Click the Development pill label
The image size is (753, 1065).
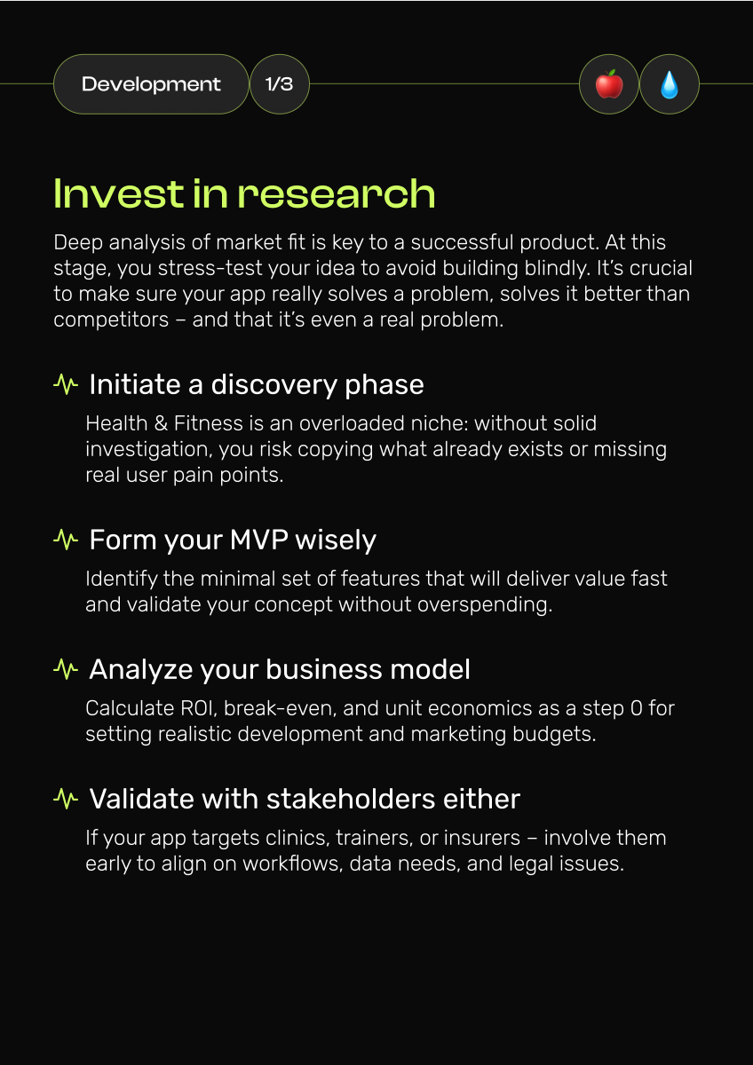coord(151,84)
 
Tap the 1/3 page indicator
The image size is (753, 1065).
coord(279,84)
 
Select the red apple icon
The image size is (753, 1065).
coord(609,84)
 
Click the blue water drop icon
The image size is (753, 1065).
coord(670,84)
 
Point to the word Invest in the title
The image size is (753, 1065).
coord(119,194)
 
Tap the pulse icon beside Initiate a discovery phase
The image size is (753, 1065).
coord(66,384)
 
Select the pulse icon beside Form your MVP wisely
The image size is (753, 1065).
coord(66,540)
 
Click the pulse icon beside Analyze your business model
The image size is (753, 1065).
coord(66,669)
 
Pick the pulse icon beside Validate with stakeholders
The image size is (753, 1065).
coord(66,799)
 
